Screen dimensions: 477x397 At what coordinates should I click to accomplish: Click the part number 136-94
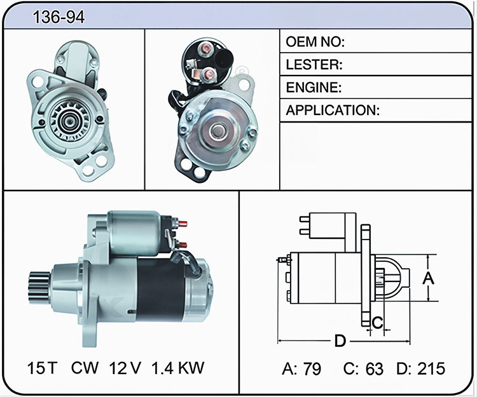pyautogui.click(x=59, y=17)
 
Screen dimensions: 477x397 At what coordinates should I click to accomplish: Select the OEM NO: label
pyautogui.click(x=315, y=42)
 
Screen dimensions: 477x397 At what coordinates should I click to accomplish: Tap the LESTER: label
pyautogui.click(x=314, y=64)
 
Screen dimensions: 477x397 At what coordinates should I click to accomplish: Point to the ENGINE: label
pyautogui.click(x=314, y=88)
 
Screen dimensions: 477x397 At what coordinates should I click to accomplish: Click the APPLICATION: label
pyautogui.click(x=333, y=111)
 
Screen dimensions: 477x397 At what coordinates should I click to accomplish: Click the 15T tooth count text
pyautogui.click(x=42, y=368)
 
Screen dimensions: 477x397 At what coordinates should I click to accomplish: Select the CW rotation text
pyautogui.click(x=85, y=368)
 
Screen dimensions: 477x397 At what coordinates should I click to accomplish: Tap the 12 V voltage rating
pyautogui.click(x=125, y=368)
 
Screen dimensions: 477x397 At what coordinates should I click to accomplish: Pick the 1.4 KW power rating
pyautogui.click(x=177, y=368)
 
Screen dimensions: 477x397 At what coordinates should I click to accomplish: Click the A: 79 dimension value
pyautogui.click(x=301, y=369)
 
